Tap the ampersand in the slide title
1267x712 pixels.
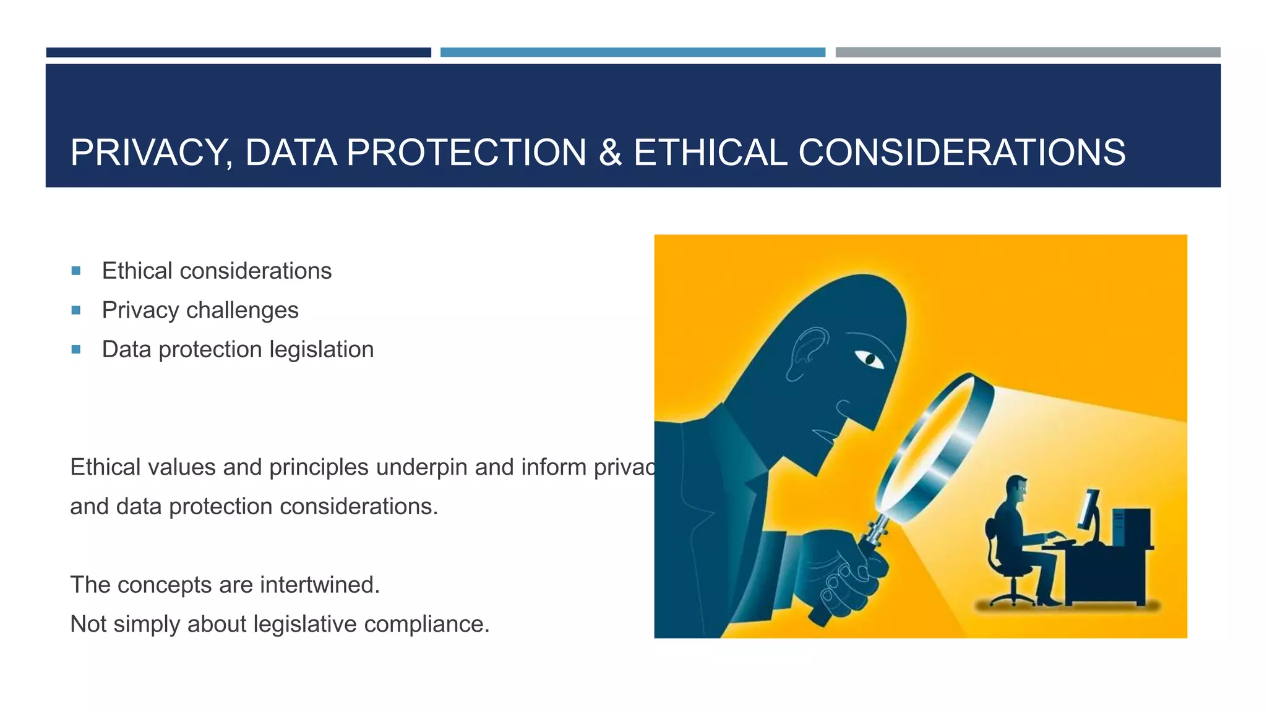pos(610,153)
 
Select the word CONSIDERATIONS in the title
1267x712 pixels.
pos(962,153)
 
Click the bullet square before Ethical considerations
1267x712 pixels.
pos(76,271)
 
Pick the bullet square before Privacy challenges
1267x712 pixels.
pos(76,310)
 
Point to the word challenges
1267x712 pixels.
pos(242,310)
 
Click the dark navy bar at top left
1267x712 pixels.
pos(238,53)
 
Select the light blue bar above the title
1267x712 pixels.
pos(632,53)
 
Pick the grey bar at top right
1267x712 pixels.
pos(1028,53)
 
